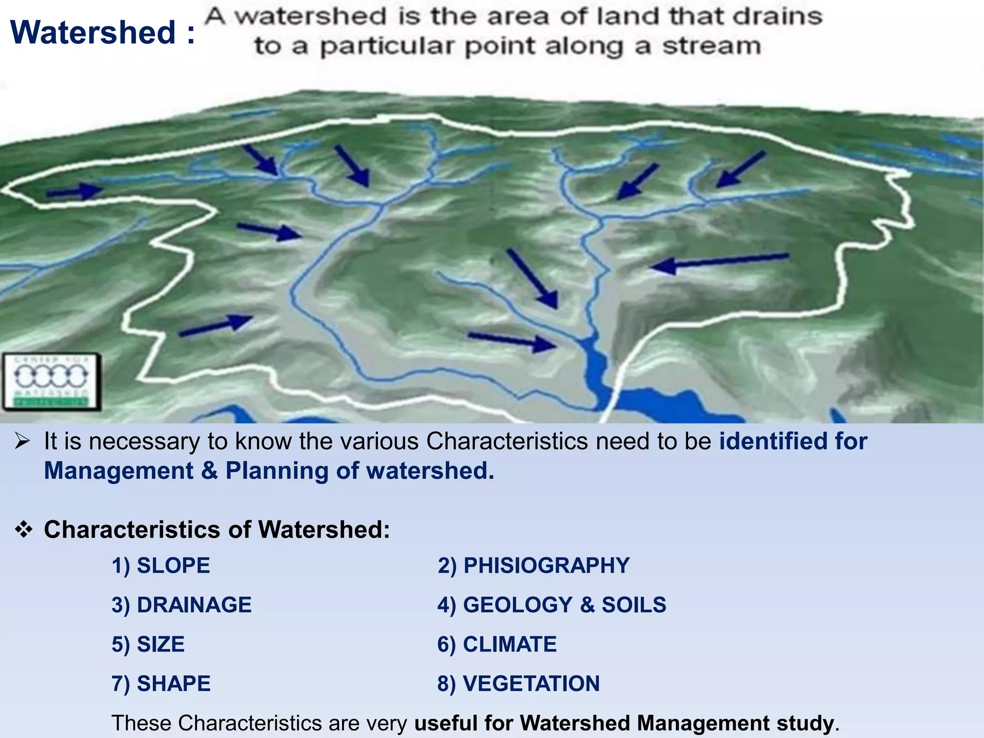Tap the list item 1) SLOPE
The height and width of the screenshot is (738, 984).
click(x=160, y=566)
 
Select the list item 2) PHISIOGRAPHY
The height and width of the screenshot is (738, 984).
click(x=533, y=566)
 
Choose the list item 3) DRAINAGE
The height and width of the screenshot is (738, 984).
click(x=181, y=605)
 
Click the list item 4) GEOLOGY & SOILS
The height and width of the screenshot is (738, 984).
click(x=552, y=605)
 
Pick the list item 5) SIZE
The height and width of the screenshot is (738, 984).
click(x=148, y=644)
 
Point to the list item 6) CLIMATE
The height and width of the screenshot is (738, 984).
click(x=497, y=644)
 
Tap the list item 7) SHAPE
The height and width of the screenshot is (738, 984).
click(x=161, y=684)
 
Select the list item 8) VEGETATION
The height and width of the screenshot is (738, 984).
click(x=518, y=684)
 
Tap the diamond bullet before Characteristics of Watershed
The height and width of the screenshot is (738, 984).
click(x=24, y=530)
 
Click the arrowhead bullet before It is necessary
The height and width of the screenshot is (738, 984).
click(x=23, y=441)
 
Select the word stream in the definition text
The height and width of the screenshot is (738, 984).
click(x=712, y=47)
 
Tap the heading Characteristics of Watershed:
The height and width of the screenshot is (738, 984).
click(x=217, y=530)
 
